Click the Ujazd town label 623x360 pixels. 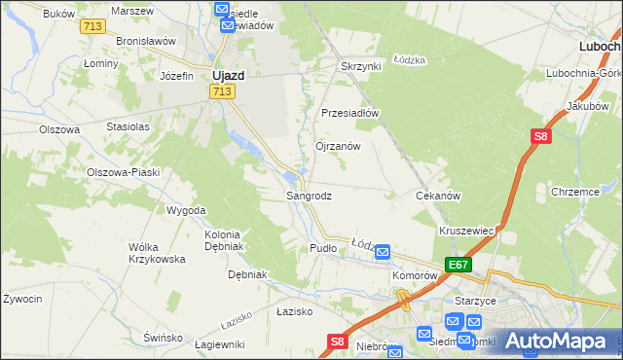[228, 74]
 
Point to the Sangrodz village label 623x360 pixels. [309, 196]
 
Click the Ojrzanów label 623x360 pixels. [338, 146]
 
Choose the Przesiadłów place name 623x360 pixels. [349, 112]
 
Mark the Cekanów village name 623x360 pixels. [437, 196]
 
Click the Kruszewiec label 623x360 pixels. [468, 231]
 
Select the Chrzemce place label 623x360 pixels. [574, 192]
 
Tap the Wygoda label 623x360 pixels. [186, 210]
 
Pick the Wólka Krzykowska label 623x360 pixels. [157, 253]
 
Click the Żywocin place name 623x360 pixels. [21, 299]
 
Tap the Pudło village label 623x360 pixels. [322, 248]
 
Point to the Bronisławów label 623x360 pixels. [145, 42]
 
